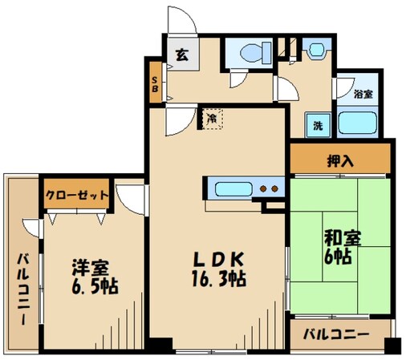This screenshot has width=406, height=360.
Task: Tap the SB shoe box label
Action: pos(155,83)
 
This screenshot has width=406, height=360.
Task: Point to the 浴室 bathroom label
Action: pos(363,94)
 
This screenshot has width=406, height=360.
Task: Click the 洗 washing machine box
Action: pos(318,125)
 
